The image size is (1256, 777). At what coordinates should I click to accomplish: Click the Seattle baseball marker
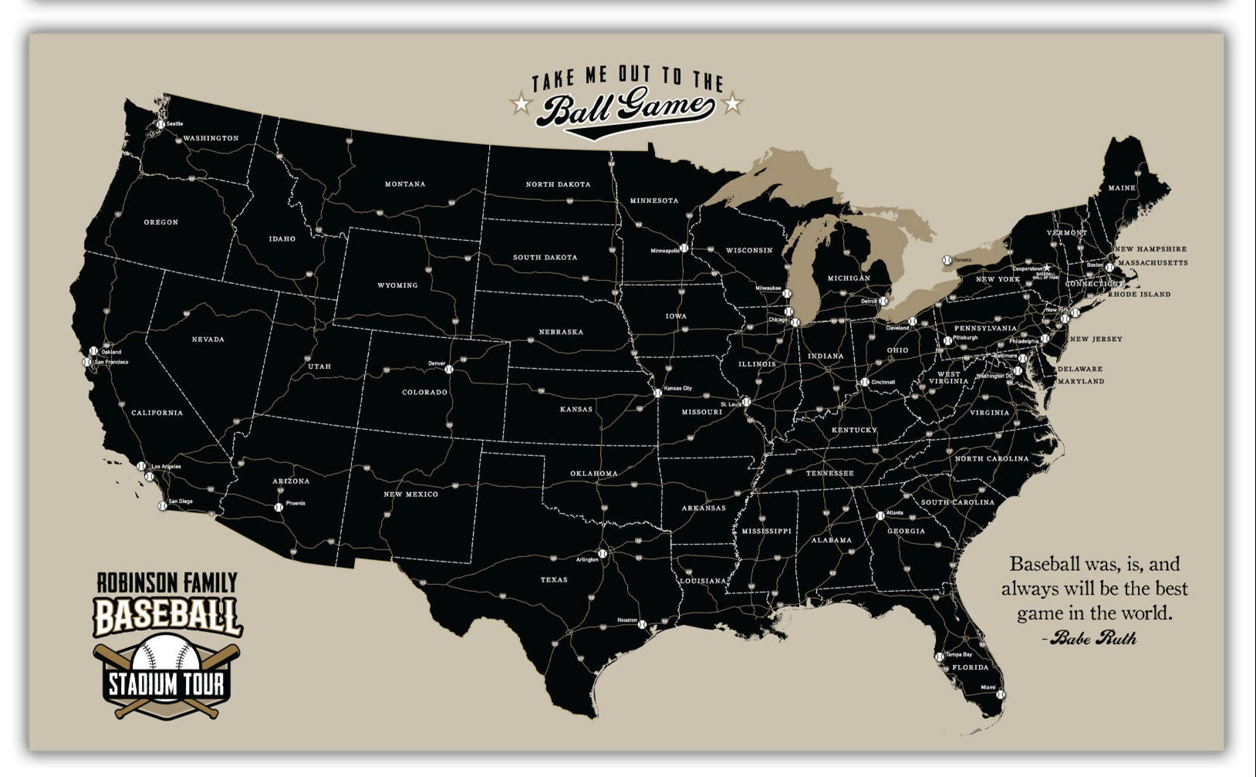(x=160, y=124)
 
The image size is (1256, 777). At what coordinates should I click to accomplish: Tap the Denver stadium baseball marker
(x=448, y=370)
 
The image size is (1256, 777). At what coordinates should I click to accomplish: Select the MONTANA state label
(x=405, y=184)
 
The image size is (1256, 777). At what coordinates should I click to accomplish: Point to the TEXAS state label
(x=554, y=579)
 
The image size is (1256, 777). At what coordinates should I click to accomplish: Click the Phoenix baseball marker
(x=279, y=507)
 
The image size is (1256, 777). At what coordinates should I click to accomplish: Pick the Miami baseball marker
(x=1001, y=694)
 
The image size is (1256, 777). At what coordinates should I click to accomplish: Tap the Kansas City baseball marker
(x=657, y=393)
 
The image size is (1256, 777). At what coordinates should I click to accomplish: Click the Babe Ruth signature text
(x=1092, y=638)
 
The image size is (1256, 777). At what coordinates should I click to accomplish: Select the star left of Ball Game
(x=522, y=103)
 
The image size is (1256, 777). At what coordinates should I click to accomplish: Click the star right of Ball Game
(x=733, y=103)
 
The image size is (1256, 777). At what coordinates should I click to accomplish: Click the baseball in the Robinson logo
(x=166, y=653)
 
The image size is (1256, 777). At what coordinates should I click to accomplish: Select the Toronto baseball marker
(x=947, y=261)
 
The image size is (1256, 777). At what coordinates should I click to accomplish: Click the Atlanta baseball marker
(x=880, y=515)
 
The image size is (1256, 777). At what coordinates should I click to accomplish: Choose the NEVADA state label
(x=208, y=340)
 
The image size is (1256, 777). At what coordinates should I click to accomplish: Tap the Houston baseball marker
(x=641, y=624)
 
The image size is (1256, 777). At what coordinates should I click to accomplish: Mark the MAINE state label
(x=1122, y=188)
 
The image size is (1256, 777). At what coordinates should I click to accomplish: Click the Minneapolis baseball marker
(x=684, y=248)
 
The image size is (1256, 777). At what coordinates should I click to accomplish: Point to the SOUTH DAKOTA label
(x=545, y=258)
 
